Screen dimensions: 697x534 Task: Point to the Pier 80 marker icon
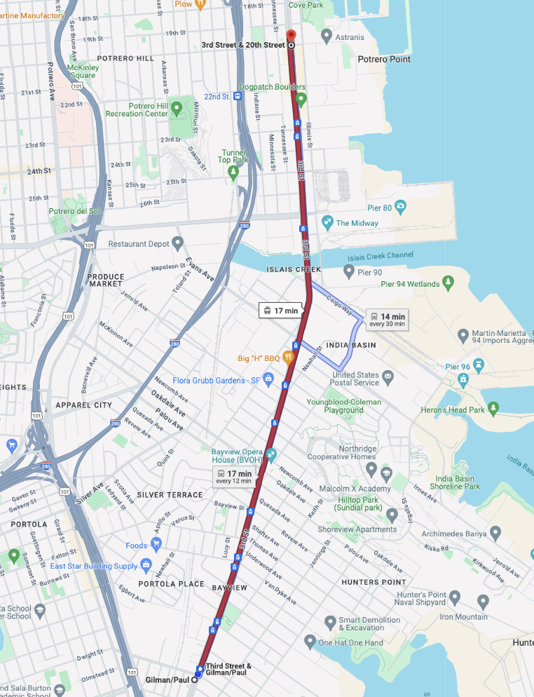pyautogui.click(x=400, y=207)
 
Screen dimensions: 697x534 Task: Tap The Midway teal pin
pyautogui.click(x=327, y=223)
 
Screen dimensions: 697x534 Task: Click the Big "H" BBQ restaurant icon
pyautogui.click(x=287, y=358)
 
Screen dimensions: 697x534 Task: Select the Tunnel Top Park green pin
pyautogui.click(x=234, y=171)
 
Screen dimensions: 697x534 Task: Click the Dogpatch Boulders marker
pyautogui.click(x=301, y=99)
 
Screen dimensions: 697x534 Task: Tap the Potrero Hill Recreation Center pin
pyautogui.click(x=177, y=109)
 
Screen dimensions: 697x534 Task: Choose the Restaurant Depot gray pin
pyautogui.click(x=178, y=243)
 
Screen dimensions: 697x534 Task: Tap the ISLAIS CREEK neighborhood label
pyautogui.click(x=294, y=269)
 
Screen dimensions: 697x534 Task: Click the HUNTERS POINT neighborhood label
pyautogui.click(x=374, y=582)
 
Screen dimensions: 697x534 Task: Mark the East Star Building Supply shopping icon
pyautogui.click(x=146, y=565)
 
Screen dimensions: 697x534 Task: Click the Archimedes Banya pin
pyautogui.click(x=495, y=534)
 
